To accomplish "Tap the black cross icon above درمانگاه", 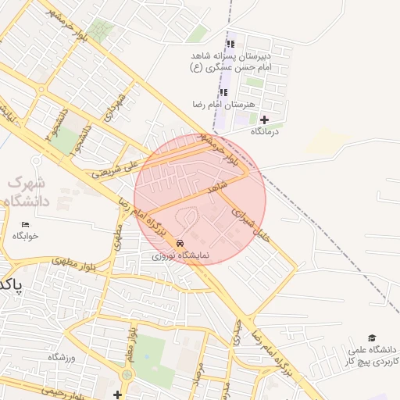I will [264, 120].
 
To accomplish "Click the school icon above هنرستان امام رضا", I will [224, 93].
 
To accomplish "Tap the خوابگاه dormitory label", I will [25, 235].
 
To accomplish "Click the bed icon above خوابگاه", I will [25, 224].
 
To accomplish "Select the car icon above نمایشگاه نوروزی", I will [181, 243].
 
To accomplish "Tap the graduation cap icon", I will [372, 337].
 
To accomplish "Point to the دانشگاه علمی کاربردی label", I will [372, 355].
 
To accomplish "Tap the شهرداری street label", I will [117, 108].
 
